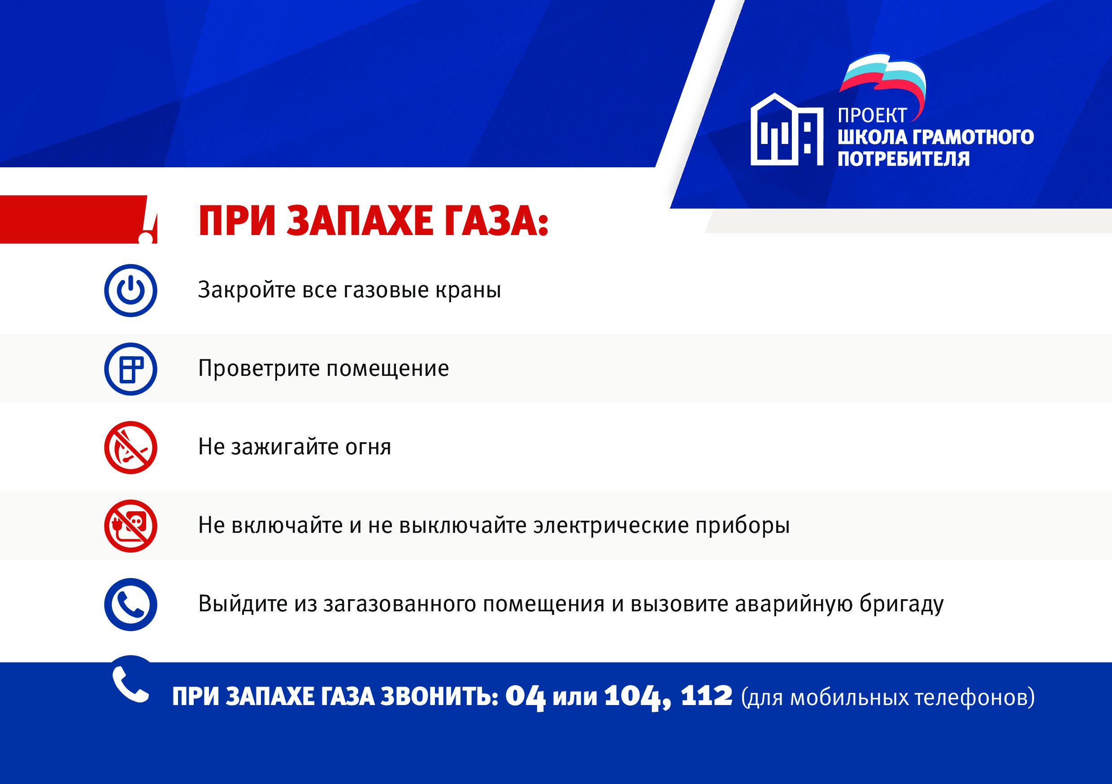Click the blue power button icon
click(x=131, y=291)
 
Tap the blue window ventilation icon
click(x=131, y=369)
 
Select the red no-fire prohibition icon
click(x=131, y=447)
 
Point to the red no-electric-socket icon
click(x=131, y=526)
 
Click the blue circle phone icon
click(x=131, y=604)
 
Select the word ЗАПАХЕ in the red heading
click(x=360, y=221)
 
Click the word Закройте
click(x=247, y=290)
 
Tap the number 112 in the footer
click(x=706, y=696)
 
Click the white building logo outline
click(x=787, y=129)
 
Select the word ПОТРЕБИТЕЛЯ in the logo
click(x=904, y=159)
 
